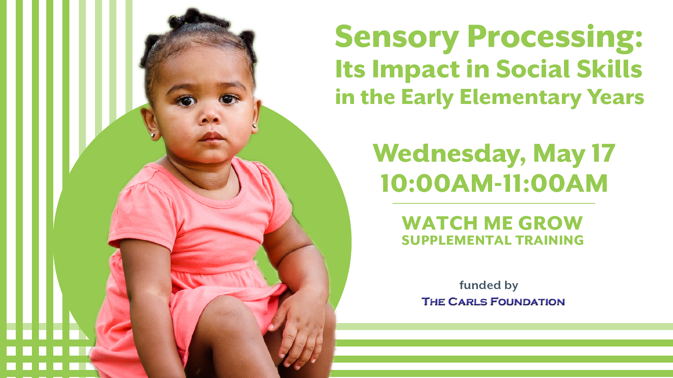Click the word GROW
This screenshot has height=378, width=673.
[x=551, y=223]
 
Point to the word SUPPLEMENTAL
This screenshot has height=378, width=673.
[x=457, y=240]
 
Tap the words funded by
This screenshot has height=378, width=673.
[x=489, y=286]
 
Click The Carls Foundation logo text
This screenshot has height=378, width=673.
[x=493, y=301]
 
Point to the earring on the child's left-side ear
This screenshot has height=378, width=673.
[x=153, y=134]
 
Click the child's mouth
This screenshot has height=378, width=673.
[x=211, y=137]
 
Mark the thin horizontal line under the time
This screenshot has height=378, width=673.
[x=494, y=203]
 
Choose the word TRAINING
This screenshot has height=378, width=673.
[x=550, y=240]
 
